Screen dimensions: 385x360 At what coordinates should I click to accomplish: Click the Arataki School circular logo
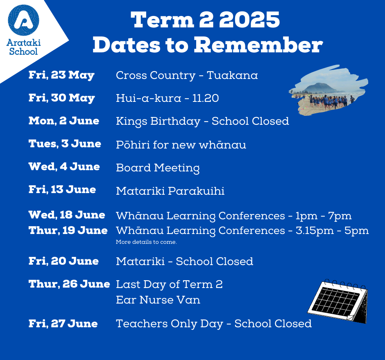[24, 20]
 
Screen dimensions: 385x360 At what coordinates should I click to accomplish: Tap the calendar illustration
[338, 301]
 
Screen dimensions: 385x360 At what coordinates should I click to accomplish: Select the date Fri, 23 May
[61, 75]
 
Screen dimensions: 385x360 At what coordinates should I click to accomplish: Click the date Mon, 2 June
[64, 121]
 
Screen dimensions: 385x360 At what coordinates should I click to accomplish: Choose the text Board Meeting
[158, 168]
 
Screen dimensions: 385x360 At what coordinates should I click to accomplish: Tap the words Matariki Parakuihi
[170, 191]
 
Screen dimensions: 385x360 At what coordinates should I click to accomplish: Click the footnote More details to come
[146, 242]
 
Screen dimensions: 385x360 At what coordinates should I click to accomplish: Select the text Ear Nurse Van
[158, 300]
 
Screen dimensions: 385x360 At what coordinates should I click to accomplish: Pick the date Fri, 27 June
[63, 324]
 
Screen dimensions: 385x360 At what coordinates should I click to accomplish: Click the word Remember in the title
[258, 45]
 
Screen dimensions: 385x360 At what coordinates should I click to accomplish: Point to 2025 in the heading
[249, 20]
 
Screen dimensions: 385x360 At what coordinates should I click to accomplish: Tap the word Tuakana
[232, 75]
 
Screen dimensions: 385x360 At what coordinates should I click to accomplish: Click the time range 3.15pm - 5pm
[332, 231]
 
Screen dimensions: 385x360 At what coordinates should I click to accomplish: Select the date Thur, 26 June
[69, 284]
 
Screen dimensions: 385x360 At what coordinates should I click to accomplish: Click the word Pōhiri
[133, 145]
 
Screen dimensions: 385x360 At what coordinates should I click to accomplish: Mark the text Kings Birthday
[158, 122]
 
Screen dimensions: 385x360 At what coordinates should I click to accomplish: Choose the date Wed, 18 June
[67, 215]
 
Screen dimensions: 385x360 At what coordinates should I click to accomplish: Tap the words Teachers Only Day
[170, 324]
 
